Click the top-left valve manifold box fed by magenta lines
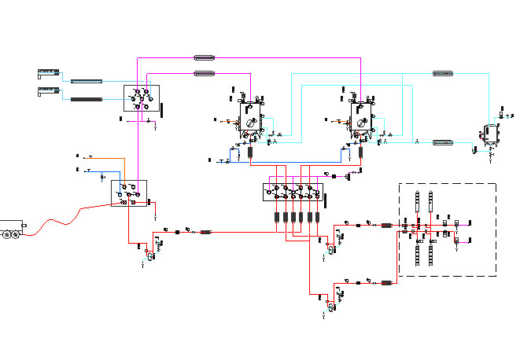point(142,98)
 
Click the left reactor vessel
point(250,121)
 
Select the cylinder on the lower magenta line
point(205,74)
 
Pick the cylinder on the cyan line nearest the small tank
point(444,142)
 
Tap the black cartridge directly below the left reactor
point(249,152)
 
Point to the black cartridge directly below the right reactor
point(360,152)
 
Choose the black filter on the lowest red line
point(386,281)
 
